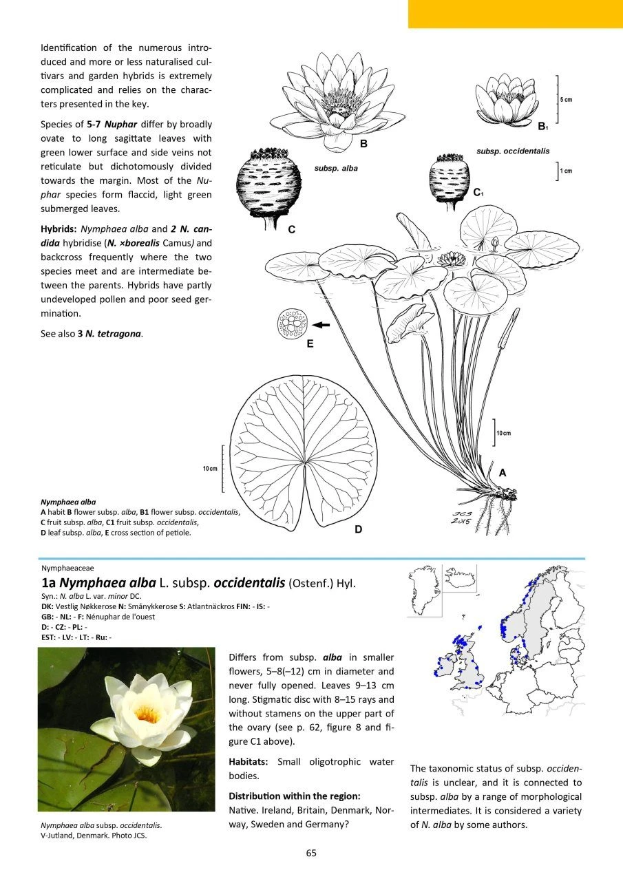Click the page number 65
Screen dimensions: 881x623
pos(311,853)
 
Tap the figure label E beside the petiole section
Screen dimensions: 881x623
pos(310,343)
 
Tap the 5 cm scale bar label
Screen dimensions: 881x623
pos(566,100)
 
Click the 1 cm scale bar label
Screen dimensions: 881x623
pos(566,171)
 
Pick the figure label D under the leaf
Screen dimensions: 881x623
pos(359,529)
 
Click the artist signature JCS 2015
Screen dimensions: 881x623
pos(465,516)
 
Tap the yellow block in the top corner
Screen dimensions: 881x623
pos(515,14)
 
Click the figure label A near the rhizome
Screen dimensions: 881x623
pos(503,473)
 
